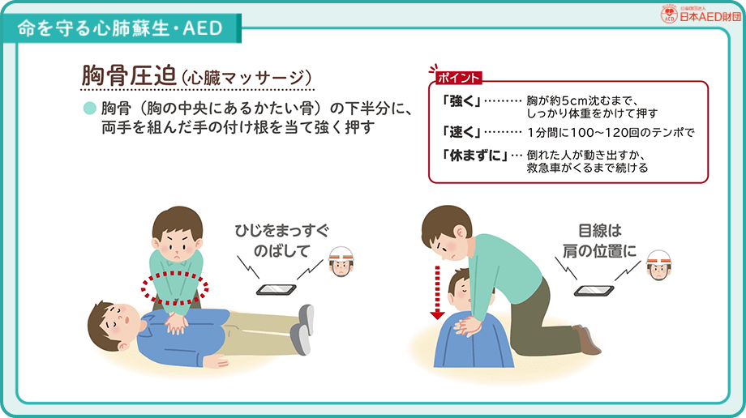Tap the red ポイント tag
tap(458, 79)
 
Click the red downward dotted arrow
tap(436, 290)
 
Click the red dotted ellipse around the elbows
tap(175, 286)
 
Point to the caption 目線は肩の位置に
tap(598, 241)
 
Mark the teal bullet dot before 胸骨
tap(90, 109)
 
